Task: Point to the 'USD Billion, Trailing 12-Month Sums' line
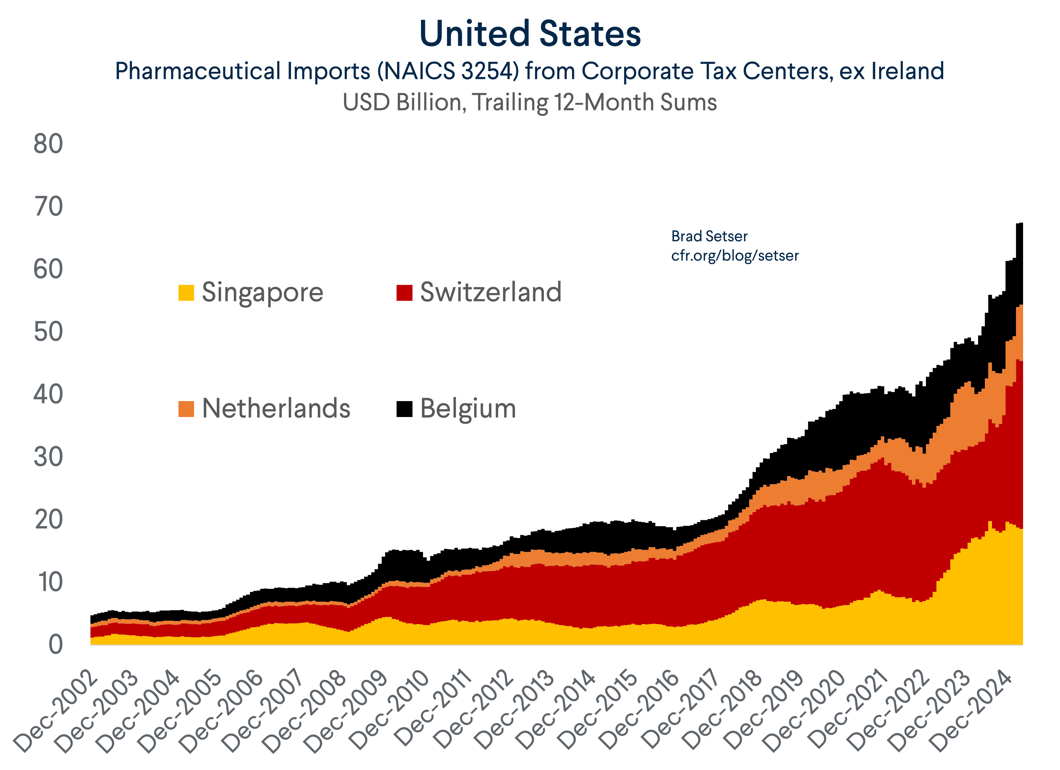tap(530, 102)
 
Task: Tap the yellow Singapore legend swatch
tap(186, 293)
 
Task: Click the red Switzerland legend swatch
tap(404, 293)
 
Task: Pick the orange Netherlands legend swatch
tap(186, 409)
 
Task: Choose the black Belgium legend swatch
tap(404, 409)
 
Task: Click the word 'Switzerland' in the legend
tap(490, 292)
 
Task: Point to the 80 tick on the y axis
tap(48, 144)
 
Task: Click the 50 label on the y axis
tap(48, 332)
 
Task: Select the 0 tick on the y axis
tap(56, 645)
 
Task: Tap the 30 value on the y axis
tap(48, 457)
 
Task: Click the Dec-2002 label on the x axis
tap(56, 711)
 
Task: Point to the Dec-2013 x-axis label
tap(514, 711)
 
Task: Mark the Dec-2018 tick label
tap(722, 711)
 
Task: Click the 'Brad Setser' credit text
tap(709, 236)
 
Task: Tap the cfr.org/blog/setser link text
tap(735, 256)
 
